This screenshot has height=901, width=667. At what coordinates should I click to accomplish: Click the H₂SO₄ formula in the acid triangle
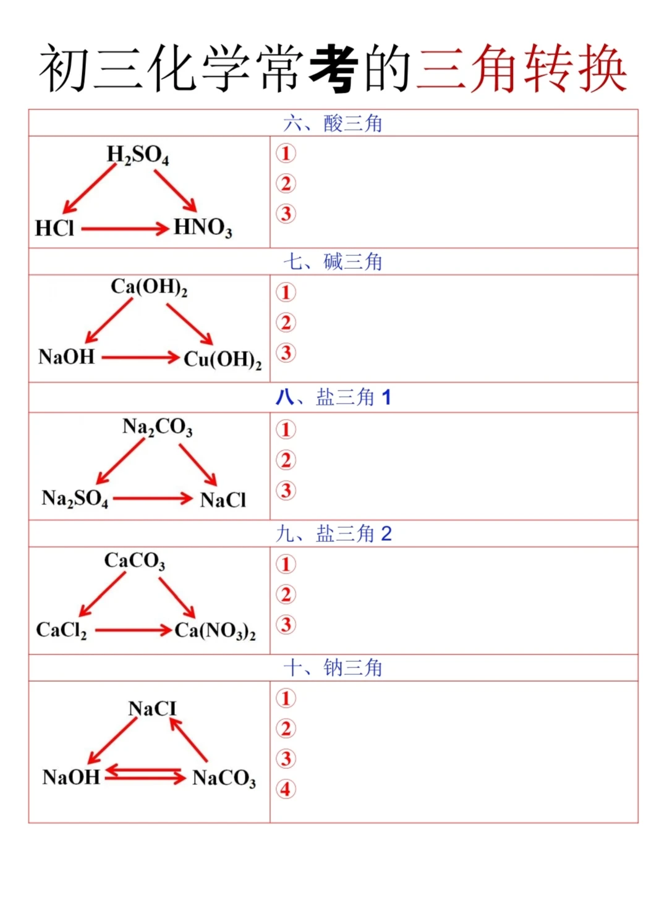pos(137,154)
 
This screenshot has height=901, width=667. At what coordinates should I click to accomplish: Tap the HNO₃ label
pos(202,227)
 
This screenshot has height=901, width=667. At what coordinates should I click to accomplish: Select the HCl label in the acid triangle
pos(54,229)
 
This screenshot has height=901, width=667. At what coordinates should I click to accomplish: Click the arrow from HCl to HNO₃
pos(124,229)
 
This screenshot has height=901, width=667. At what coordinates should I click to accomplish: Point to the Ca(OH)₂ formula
pos(149,287)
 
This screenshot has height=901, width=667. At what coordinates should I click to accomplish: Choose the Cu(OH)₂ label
pos(223,359)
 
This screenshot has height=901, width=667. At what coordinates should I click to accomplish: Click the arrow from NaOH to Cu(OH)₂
pos(140,357)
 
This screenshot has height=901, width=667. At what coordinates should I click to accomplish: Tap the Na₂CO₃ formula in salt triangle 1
pos(157,427)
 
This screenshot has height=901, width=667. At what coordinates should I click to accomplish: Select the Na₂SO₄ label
pos(74,498)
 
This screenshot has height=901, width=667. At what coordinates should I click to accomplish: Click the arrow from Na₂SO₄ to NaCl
pos(153,498)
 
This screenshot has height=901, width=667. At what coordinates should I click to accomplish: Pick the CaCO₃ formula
pos(134,561)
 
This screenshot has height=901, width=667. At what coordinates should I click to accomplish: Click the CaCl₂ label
pos(61,630)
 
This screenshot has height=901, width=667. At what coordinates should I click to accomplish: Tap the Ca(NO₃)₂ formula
pos(215,631)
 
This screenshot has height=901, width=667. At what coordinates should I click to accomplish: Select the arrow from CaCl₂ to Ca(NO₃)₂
pos(133,630)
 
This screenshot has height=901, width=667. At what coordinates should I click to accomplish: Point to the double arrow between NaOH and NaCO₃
pos(145,775)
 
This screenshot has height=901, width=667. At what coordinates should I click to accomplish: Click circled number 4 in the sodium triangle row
pos(286,789)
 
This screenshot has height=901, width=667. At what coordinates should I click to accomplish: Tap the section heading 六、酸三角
pos(333,124)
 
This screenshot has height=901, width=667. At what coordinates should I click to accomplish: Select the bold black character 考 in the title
pos(333,68)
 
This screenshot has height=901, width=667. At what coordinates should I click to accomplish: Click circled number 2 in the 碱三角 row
pos(286,323)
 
